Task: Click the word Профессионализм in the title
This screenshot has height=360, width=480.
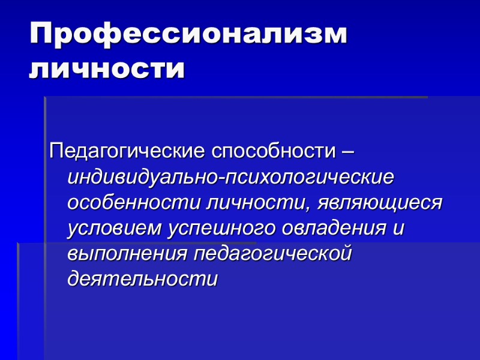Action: [x=188, y=35]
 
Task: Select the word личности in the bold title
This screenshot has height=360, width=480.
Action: [x=107, y=70]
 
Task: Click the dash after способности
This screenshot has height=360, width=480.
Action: [x=347, y=151]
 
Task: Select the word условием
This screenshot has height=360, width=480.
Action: [x=116, y=229]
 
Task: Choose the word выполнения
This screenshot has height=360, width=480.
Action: [x=126, y=253]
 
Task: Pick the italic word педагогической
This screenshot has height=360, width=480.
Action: [x=272, y=253]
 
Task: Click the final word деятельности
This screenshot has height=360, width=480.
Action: [x=142, y=279]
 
